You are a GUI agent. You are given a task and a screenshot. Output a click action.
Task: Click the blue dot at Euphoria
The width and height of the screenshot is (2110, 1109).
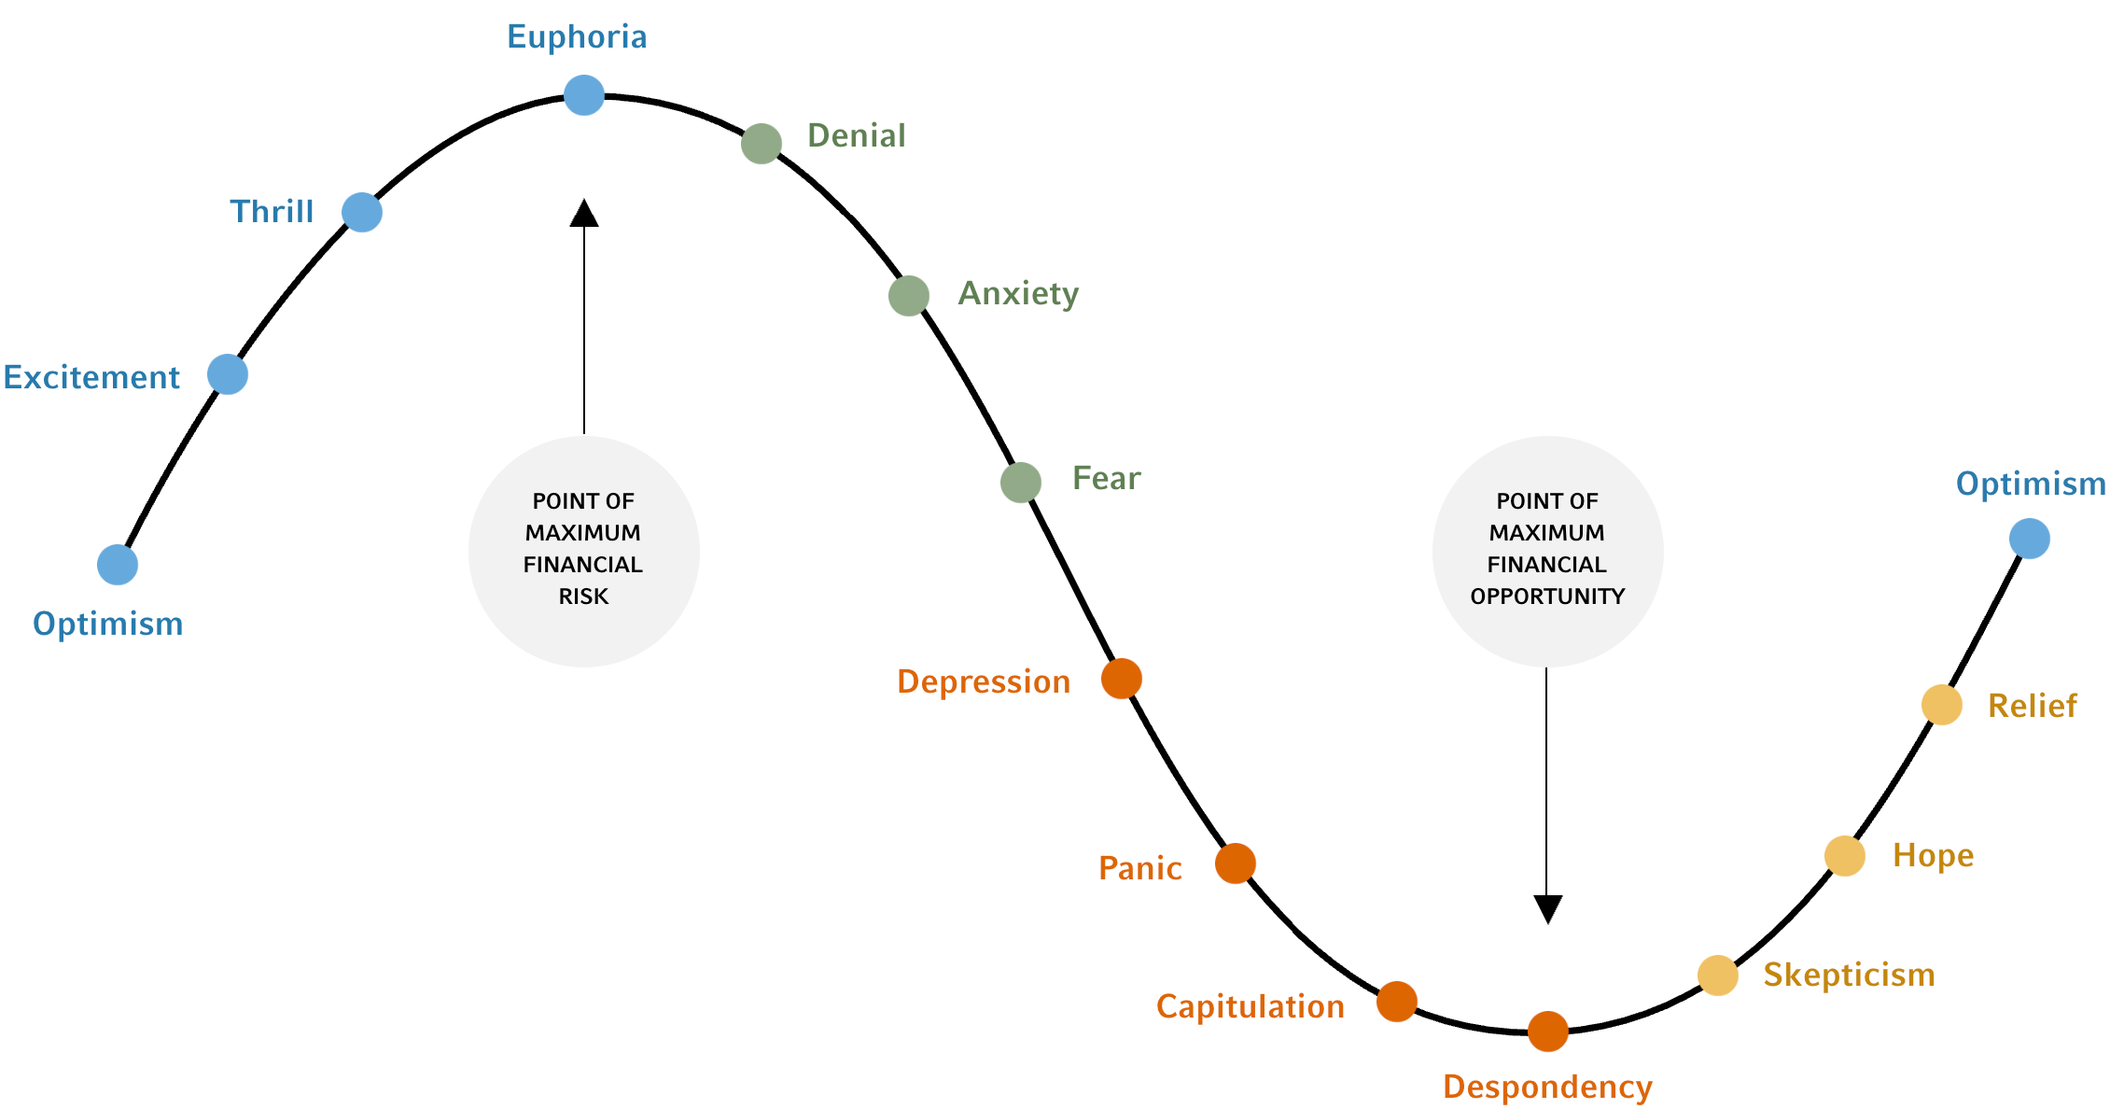584,95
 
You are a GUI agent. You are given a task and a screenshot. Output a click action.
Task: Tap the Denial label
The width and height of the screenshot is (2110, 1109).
856,136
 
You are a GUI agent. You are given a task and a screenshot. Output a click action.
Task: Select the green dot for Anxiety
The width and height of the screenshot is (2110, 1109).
908,296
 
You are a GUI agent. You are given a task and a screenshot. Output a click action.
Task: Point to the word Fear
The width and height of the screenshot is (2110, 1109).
1106,479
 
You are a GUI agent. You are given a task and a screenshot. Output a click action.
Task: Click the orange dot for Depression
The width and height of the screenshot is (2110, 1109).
1121,679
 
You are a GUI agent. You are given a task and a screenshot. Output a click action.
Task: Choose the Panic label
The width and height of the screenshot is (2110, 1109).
1139,869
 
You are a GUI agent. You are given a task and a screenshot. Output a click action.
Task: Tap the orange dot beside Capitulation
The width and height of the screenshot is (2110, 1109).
1396,1002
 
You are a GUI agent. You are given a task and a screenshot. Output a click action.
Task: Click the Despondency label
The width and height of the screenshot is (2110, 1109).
1547,1088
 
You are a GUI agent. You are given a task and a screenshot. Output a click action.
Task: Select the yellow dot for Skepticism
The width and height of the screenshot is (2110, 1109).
1717,976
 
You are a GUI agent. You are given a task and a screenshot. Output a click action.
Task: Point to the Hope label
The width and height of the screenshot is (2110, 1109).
1933,856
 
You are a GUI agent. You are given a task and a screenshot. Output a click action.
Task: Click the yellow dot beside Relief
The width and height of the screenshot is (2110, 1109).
1941,705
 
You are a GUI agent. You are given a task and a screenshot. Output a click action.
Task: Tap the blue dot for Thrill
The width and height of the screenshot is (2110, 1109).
362,213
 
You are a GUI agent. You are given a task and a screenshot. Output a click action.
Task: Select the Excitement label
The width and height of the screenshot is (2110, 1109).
91,377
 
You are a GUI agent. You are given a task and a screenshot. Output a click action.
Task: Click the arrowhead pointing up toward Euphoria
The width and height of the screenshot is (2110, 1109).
584,214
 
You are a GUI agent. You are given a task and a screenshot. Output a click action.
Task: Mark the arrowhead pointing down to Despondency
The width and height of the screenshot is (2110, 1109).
1547,908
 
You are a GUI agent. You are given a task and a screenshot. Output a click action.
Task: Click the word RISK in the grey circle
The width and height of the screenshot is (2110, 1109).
583,597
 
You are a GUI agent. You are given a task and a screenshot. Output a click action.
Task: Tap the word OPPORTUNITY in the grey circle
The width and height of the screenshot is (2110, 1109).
1547,597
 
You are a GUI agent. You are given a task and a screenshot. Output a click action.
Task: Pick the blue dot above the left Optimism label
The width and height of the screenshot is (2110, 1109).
118,565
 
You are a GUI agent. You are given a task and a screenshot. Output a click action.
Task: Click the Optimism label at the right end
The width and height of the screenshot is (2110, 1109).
2030,484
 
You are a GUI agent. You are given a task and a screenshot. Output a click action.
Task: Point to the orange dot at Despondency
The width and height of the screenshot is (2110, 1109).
1547,1032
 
